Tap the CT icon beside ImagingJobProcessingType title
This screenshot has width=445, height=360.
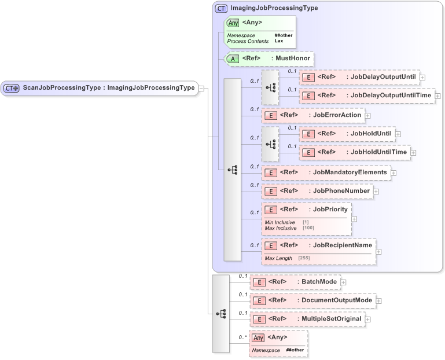[x=220, y=9]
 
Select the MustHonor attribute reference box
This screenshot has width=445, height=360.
[x=270, y=58]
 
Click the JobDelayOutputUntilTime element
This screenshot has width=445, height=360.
[x=367, y=95]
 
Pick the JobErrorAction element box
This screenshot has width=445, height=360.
[x=313, y=115]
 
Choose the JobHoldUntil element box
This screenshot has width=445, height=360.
[x=347, y=134]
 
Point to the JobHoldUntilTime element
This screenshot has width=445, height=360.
[x=355, y=152]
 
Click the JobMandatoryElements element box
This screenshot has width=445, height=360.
[x=326, y=172]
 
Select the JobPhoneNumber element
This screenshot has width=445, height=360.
[x=317, y=190]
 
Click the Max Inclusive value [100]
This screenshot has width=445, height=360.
[x=308, y=228]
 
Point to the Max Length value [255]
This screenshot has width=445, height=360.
[x=304, y=258]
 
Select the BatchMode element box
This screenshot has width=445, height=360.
[x=295, y=282]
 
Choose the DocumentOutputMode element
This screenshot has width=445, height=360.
[x=312, y=300]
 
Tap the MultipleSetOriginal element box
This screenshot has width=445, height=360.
[x=307, y=319]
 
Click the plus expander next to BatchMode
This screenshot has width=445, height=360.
[x=343, y=282]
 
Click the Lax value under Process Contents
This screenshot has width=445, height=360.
[x=278, y=41]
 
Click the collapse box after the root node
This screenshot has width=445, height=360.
[x=201, y=88]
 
